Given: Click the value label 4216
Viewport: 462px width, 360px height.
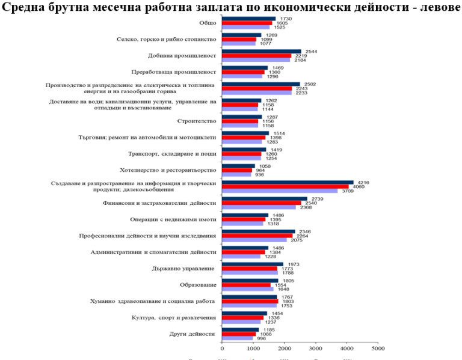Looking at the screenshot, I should coord(363,182).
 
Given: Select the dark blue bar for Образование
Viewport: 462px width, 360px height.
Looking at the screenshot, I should coord(250,280).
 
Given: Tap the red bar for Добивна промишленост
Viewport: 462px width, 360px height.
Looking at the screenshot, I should coord(257,56).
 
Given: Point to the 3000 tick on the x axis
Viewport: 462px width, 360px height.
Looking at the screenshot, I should coord(316,347).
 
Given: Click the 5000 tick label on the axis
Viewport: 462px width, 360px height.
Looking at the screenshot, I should coord(378,347).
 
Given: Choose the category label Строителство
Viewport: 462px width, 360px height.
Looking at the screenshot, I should coord(197,121).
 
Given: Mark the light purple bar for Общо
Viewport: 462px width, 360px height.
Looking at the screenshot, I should coord(246,28).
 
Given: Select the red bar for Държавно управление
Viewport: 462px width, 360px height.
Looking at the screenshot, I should coord(250,269).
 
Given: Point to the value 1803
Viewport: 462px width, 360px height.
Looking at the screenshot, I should coord(288,301).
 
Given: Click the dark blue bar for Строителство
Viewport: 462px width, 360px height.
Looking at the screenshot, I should coord(242,117).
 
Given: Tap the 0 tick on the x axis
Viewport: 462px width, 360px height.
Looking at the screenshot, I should coord(223,347).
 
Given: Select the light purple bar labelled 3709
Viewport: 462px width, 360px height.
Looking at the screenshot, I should coord(280,191).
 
